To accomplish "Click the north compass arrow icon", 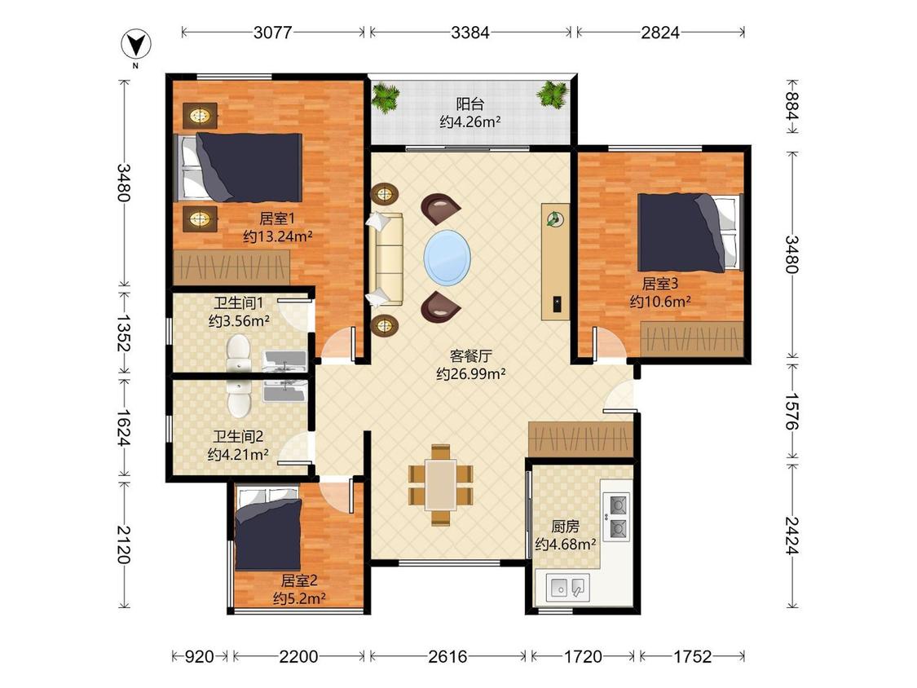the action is pyautogui.click(x=135, y=45).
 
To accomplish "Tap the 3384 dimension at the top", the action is pyautogui.click(x=470, y=32).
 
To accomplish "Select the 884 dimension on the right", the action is pyautogui.click(x=791, y=106).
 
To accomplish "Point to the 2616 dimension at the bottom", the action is pyautogui.click(x=447, y=656).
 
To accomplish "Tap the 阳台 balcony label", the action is pyautogui.click(x=470, y=104).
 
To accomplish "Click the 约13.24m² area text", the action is pyautogui.click(x=278, y=236).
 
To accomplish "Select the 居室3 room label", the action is pyautogui.click(x=659, y=284).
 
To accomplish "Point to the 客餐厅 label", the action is pyautogui.click(x=471, y=355).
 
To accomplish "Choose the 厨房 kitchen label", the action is pyautogui.click(x=565, y=527).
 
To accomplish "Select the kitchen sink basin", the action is pyautogui.click(x=568, y=588).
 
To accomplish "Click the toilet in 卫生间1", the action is pyautogui.click(x=238, y=353).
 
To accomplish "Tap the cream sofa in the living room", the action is pyautogui.click(x=386, y=259).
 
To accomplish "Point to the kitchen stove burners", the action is pyautogui.click(x=618, y=516).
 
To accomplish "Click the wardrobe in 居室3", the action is pyautogui.click(x=692, y=339).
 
